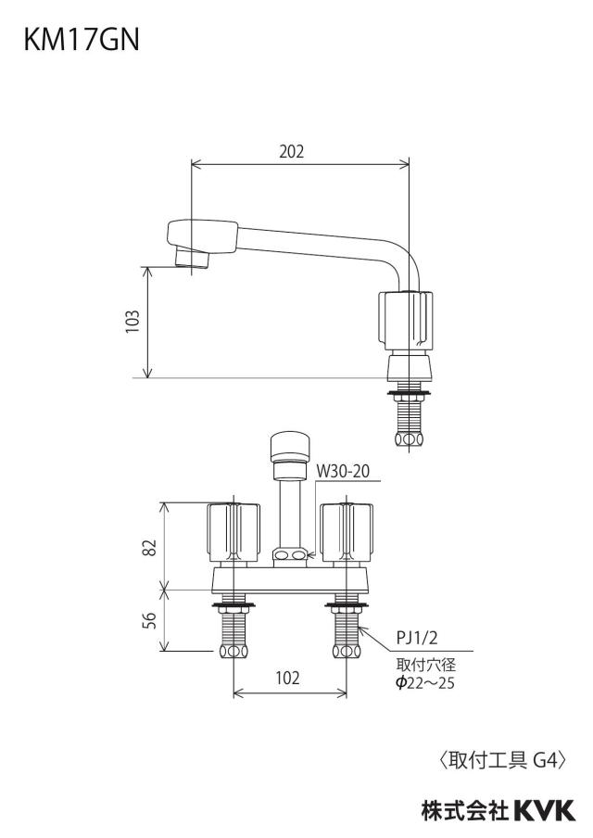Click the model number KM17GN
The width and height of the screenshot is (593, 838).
coord(82,40)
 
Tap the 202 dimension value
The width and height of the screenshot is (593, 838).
coord(292,152)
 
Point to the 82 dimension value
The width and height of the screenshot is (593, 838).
coord(151,547)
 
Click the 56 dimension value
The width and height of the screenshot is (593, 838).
coord(151,620)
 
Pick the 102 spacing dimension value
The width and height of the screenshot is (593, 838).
coord(288,678)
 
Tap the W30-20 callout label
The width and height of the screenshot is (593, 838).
coord(343,471)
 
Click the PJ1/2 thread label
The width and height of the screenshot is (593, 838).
coord(416,638)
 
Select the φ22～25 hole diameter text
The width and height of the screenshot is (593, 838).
coord(425,683)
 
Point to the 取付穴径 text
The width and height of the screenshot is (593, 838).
coord(426,666)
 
